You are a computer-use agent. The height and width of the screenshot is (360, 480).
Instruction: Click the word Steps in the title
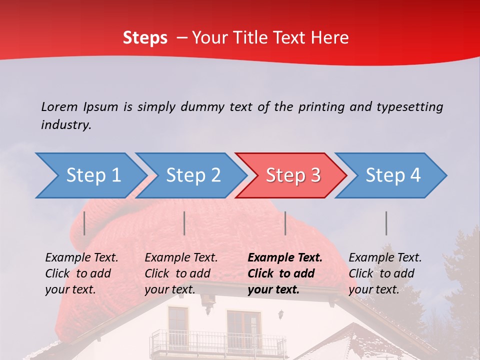(145, 38)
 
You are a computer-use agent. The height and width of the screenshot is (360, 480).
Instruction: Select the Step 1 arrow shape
(90, 175)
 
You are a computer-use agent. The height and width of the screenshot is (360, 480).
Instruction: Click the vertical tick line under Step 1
(84, 223)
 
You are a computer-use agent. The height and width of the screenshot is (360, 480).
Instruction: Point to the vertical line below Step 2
(184, 223)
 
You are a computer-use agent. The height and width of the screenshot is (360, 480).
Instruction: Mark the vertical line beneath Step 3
(285, 223)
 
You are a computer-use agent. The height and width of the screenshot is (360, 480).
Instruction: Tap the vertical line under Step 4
(386, 223)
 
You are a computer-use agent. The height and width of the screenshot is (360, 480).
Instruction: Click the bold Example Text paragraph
(285, 273)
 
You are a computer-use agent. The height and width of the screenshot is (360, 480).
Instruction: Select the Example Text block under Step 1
(81, 273)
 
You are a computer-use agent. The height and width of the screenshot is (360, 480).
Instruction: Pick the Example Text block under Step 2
(181, 273)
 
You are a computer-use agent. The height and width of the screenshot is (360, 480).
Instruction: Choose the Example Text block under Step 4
(385, 273)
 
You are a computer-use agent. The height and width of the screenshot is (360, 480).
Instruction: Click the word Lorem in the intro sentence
(59, 106)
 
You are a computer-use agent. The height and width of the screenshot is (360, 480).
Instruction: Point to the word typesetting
(409, 107)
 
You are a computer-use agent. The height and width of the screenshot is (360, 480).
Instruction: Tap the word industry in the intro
(65, 124)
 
